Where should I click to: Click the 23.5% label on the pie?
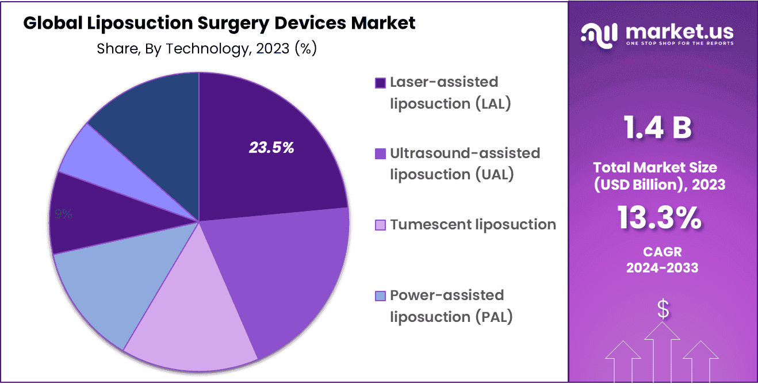[x=271, y=148]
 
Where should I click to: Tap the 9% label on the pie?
[x=63, y=214]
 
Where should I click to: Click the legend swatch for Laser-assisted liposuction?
[x=380, y=83]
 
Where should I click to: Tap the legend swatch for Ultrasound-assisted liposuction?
[x=380, y=154]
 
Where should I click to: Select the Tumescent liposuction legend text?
[x=473, y=224]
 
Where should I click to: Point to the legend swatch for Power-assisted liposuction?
[x=380, y=296]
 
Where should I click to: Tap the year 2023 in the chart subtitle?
[x=273, y=49]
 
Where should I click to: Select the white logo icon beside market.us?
[x=600, y=33]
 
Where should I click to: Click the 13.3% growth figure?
[x=659, y=218]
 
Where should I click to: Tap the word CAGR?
[x=662, y=252]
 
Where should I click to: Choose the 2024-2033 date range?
[x=662, y=267]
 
